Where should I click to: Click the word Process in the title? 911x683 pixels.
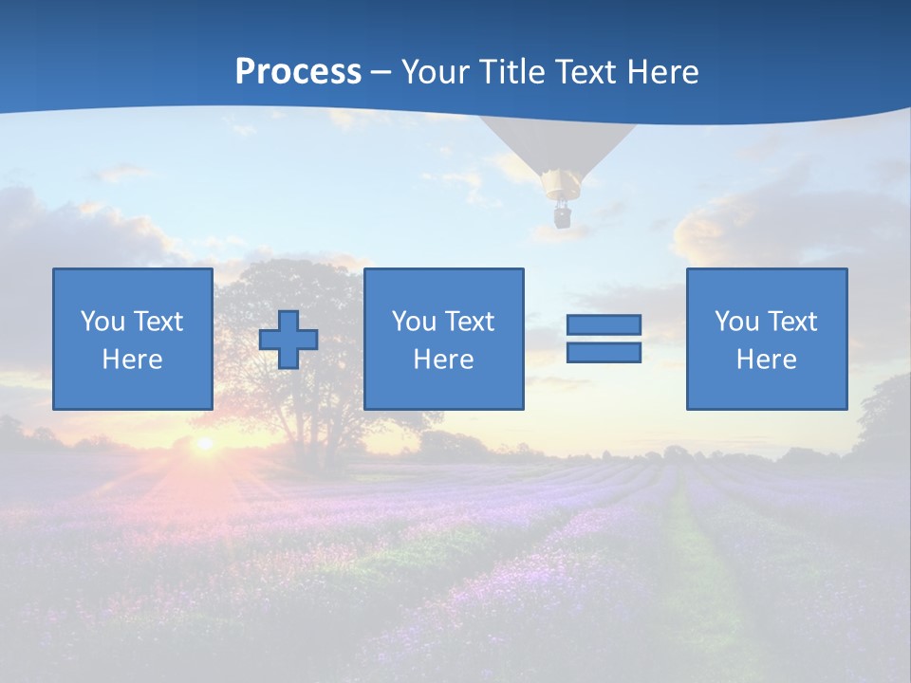(x=298, y=72)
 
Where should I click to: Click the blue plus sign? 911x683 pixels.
(x=288, y=340)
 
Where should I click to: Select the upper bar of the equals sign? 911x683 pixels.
(x=604, y=325)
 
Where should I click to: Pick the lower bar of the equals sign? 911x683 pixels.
(x=604, y=353)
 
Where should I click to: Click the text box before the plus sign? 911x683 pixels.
(x=133, y=339)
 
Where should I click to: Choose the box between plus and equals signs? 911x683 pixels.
(x=443, y=339)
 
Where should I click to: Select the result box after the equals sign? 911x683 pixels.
(x=766, y=339)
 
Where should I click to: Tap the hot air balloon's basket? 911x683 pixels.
(x=562, y=216)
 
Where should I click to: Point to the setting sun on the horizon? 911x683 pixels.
(x=203, y=443)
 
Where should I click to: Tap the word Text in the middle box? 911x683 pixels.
(x=469, y=322)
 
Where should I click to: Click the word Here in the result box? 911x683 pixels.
(x=766, y=360)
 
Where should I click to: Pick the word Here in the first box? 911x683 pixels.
(x=133, y=360)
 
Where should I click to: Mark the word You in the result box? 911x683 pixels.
(x=736, y=322)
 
